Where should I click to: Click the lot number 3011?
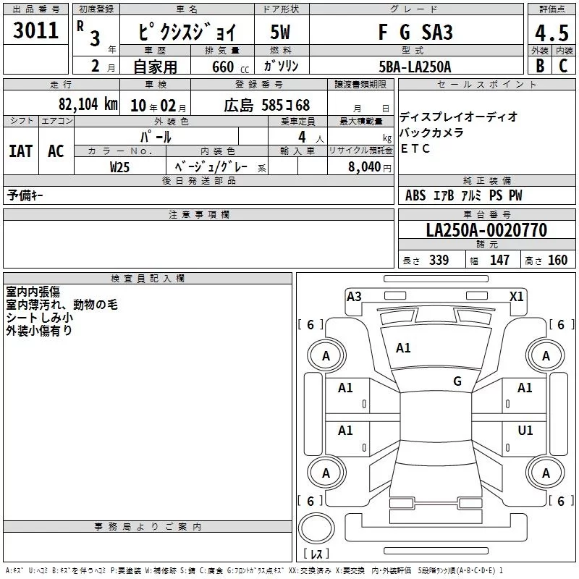click(35, 30)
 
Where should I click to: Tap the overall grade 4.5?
click(551, 33)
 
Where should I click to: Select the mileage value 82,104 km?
click(88, 103)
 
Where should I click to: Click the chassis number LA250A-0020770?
click(486, 229)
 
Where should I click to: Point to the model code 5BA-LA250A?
click(415, 67)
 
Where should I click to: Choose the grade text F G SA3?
click(415, 32)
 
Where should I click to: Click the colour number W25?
click(119, 167)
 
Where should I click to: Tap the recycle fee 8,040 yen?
click(370, 167)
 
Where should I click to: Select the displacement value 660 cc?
click(230, 67)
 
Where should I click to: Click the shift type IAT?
click(20, 151)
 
